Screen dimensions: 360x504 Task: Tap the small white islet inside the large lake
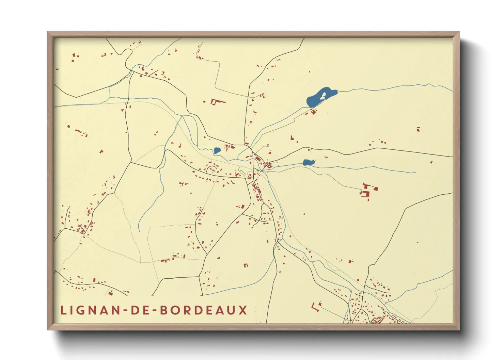coord(323,96)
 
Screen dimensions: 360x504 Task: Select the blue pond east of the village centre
coord(308,163)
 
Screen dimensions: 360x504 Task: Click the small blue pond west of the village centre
coord(217,150)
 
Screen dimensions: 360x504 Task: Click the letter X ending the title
coord(243,310)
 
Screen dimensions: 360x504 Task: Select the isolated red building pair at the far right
coord(418,129)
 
